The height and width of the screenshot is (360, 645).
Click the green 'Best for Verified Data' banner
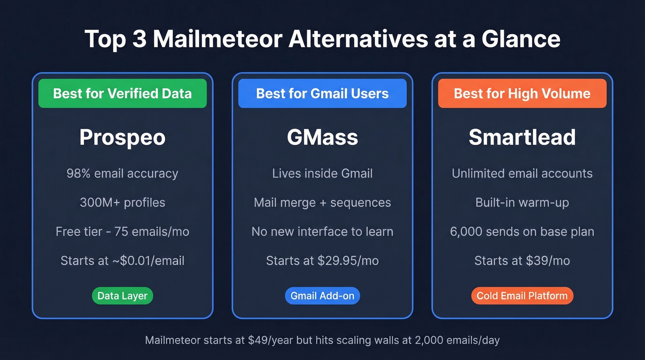(122, 94)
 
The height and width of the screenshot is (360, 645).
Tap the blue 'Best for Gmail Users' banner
(322, 94)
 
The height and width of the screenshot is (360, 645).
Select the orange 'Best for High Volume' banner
(522, 94)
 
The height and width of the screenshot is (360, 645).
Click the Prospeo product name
(122, 137)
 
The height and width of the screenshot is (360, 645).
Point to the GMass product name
(322, 137)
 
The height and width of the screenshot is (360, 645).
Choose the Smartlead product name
(522, 137)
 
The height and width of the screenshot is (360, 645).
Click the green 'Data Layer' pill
(122, 296)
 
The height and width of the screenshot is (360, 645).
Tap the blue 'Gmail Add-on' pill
(322, 296)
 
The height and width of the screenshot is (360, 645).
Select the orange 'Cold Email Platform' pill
(522, 296)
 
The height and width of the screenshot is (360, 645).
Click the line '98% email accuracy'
(122, 174)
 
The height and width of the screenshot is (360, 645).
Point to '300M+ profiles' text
(122, 203)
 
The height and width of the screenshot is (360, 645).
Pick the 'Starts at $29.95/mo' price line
(322, 261)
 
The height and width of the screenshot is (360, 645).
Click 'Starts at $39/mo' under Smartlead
(522, 261)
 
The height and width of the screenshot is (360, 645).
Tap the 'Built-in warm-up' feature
(522, 203)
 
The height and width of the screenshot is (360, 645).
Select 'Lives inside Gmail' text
(322, 174)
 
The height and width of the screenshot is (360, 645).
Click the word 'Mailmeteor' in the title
(217, 39)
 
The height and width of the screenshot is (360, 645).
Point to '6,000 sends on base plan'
(522, 232)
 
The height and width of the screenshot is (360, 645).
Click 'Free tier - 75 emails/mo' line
(122, 232)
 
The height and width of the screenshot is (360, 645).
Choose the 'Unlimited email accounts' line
(522, 174)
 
